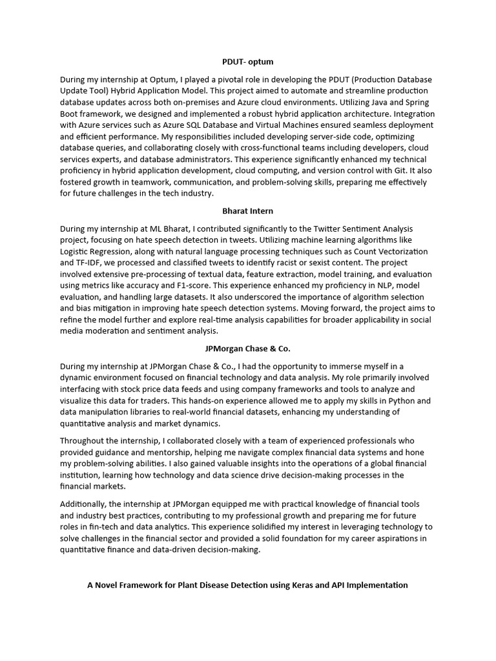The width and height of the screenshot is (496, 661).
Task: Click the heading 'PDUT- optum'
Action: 248,62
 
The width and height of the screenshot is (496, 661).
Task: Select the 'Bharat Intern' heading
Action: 248,210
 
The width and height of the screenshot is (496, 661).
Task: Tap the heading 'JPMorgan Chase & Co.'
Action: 248,349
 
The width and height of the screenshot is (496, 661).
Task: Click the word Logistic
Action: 77,250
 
